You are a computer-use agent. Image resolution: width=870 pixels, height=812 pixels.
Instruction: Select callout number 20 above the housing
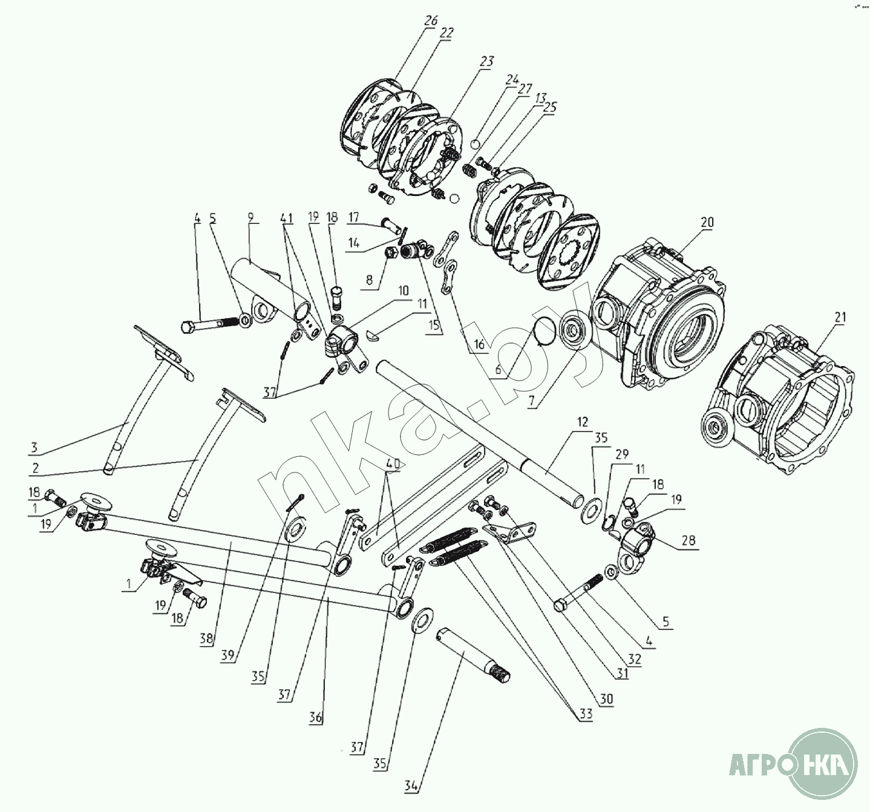click(x=707, y=223)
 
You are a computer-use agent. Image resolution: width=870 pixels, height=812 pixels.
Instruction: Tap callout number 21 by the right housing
click(x=839, y=317)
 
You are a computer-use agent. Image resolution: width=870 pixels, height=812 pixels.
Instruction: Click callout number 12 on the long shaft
click(x=582, y=422)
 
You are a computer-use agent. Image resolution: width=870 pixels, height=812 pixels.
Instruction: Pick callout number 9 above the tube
click(x=250, y=217)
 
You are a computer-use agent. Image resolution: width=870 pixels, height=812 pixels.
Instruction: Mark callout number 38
click(x=206, y=638)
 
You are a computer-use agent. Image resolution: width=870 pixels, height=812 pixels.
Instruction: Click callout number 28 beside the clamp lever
click(x=688, y=540)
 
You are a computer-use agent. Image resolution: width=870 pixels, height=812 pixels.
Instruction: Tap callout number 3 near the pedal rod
click(x=34, y=447)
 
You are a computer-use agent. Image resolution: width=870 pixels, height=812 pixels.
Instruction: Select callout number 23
click(x=486, y=61)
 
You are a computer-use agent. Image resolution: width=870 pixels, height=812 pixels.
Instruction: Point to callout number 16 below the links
click(x=479, y=344)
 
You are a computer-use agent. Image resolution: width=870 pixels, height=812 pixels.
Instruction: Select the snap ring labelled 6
click(x=548, y=332)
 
